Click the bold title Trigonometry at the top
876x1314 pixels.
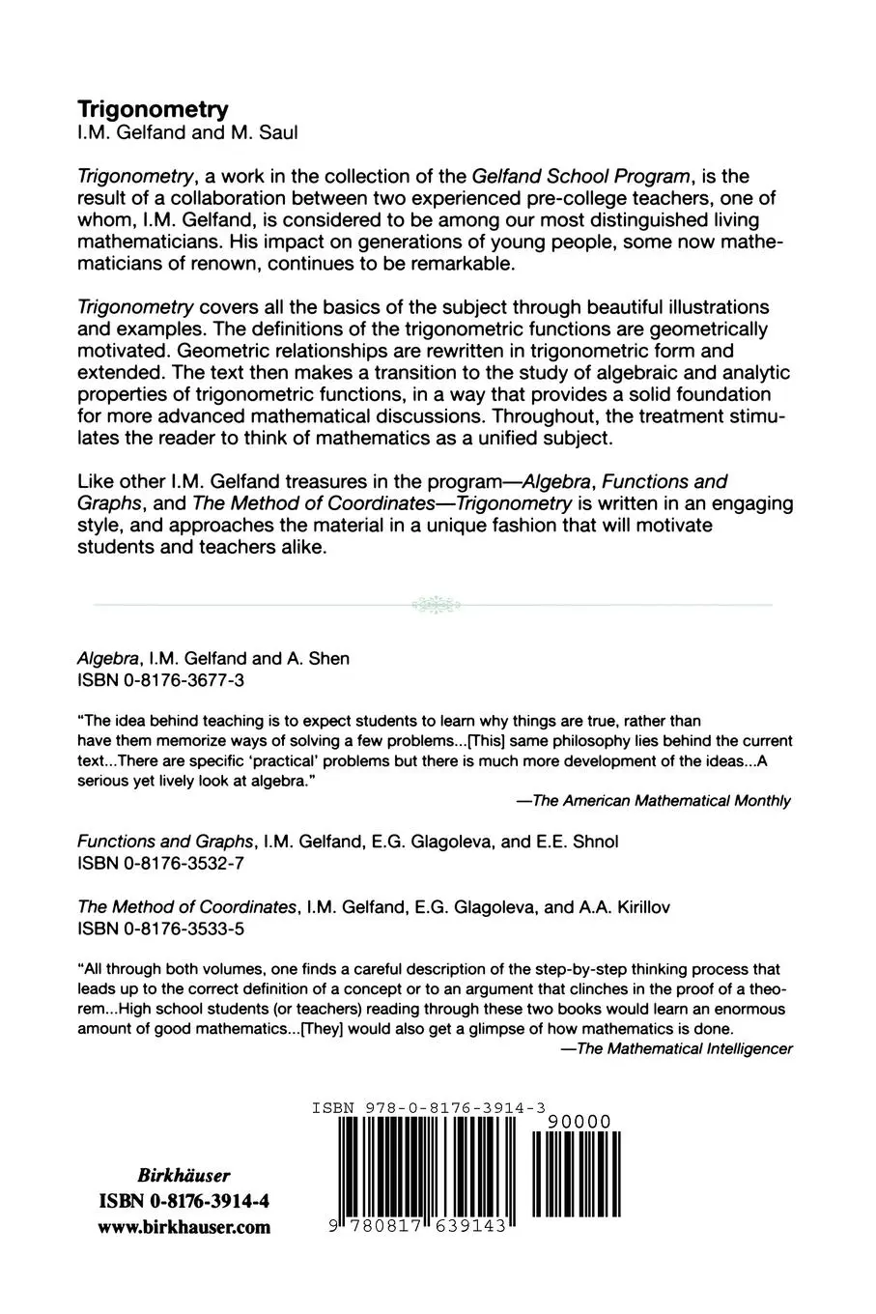click(x=153, y=109)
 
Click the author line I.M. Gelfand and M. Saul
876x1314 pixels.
click(x=187, y=133)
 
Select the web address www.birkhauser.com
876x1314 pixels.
click(x=184, y=1228)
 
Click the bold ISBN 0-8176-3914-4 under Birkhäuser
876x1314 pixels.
click(x=184, y=1202)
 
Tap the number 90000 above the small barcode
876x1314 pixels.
click(x=579, y=1121)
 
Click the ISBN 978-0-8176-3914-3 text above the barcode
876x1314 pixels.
click(x=429, y=1109)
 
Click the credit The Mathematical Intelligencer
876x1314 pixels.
click(x=684, y=1048)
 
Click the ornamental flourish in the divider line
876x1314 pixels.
click(x=436, y=605)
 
